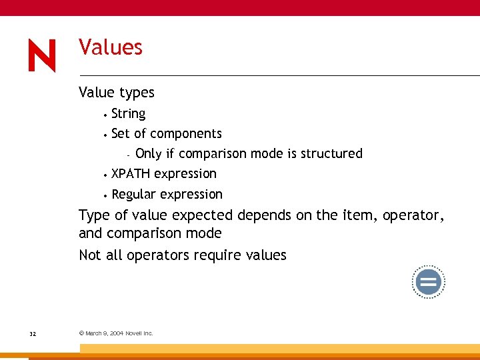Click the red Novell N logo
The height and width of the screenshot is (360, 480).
pyautogui.click(x=42, y=56)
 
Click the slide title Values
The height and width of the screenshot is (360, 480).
pyautogui.click(x=111, y=47)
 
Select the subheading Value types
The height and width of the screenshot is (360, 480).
pyautogui.click(x=116, y=93)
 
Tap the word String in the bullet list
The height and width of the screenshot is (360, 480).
pyautogui.click(x=128, y=114)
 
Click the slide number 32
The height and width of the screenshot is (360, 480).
pyautogui.click(x=33, y=333)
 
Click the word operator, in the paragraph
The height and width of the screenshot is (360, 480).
pyautogui.click(x=413, y=216)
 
